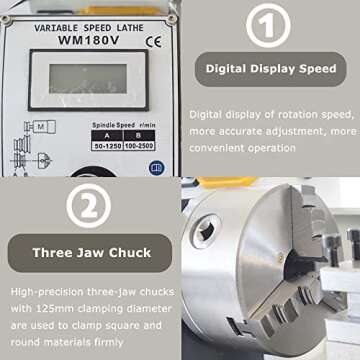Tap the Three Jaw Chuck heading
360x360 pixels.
tap(90, 251)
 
